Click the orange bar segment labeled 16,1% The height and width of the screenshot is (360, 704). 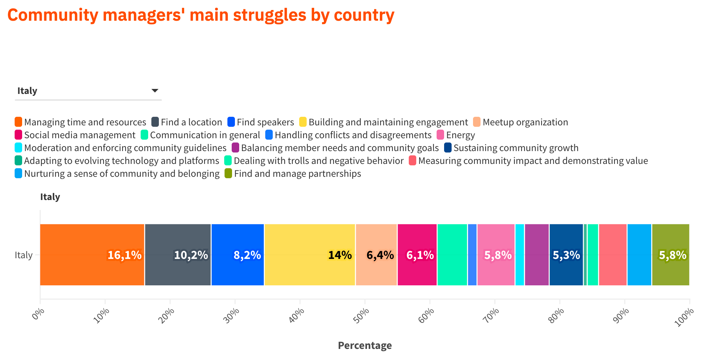(x=92, y=255)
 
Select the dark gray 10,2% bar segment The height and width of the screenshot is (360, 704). (x=178, y=255)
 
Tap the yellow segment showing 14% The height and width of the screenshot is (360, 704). (x=310, y=255)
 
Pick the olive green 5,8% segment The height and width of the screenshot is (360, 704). (x=670, y=255)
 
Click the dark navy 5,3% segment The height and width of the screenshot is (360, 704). (x=566, y=255)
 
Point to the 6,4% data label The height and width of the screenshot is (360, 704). (x=380, y=255)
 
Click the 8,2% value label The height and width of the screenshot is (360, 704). (x=247, y=255)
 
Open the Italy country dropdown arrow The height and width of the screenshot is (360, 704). (x=155, y=91)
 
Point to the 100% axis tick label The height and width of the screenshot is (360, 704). (x=684, y=317)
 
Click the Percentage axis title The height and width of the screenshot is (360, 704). (x=364, y=345)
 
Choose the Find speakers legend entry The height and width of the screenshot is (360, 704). (x=265, y=122)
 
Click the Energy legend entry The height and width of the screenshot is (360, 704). (x=460, y=135)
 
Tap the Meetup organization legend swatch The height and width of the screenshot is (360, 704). (x=477, y=122)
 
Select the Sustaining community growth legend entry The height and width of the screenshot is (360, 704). (x=516, y=148)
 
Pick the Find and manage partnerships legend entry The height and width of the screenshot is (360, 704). (x=297, y=174)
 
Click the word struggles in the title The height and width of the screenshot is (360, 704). (x=270, y=15)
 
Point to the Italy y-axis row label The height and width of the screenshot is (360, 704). (x=24, y=255)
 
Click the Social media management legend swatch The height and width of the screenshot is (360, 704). (x=19, y=135)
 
